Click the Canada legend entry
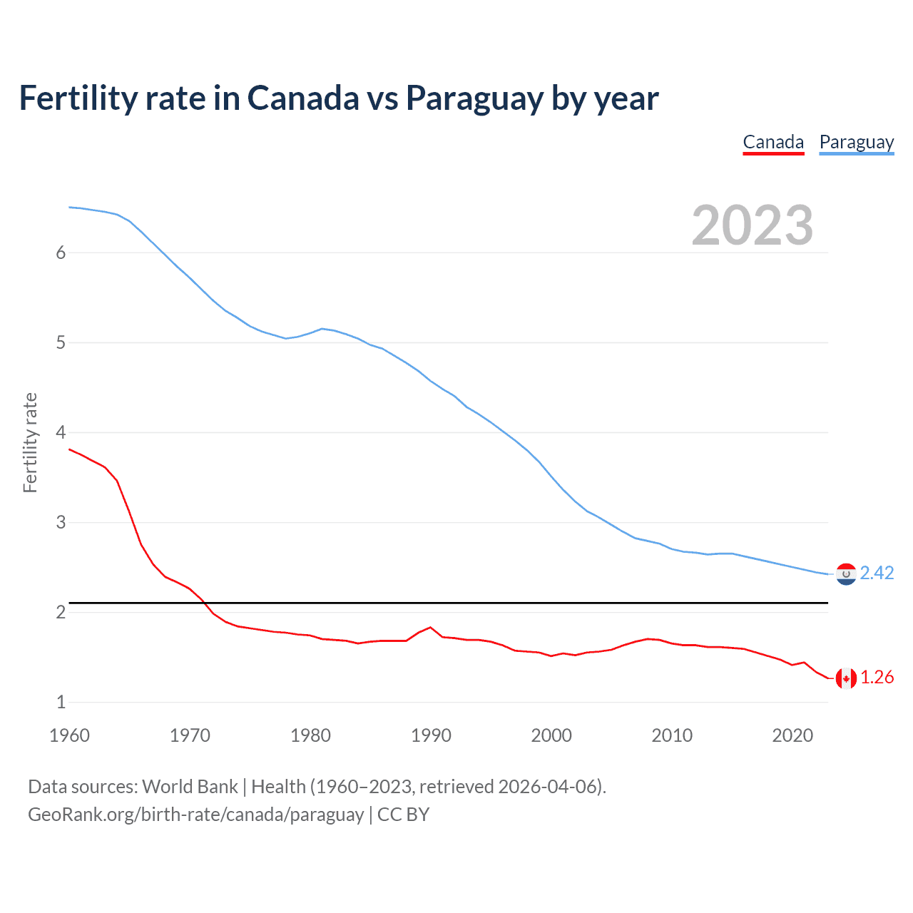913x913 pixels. tap(773, 143)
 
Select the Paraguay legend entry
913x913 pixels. tap(856, 143)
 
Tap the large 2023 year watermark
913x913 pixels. tap(752, 225)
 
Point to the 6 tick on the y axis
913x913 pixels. tap(61, 253)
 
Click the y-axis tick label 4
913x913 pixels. tap(61, 432)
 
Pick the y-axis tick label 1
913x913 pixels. tap(61, 702)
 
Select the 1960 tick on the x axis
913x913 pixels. tap(69, 735)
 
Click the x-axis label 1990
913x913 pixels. tap(431, 735)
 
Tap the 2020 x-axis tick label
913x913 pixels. tap(792, 735)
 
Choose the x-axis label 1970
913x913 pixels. tap(190, 735)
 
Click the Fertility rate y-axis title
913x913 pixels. tap(30, 442)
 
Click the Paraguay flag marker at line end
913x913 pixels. tap(846, 573)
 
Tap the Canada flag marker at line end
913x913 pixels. tap(846, 678)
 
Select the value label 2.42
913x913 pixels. tap(877, 573)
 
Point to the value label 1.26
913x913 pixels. tap(877, 678)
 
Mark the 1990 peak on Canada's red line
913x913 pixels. tap(430, 627)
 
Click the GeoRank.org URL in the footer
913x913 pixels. tap(195, 815)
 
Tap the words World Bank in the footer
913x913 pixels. tap(190, 787)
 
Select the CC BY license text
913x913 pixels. tap(403, 815)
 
